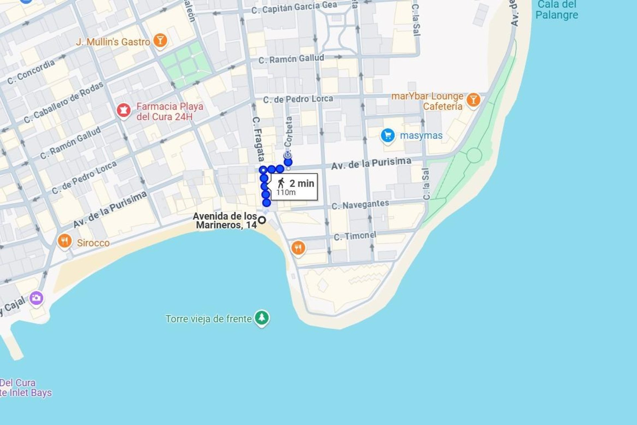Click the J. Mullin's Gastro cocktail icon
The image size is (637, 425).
point(160,41)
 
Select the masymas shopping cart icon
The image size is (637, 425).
point(388,135)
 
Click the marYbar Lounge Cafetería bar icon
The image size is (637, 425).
point(473,100)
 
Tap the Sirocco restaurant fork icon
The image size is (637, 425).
point(65,241)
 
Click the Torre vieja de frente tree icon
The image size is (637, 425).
point(262,318)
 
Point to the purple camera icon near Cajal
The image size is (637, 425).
point(36,298)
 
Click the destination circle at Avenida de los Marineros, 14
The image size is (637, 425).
point(262,220)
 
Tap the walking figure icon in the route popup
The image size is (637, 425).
point(281,183)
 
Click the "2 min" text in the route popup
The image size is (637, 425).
point(302,183)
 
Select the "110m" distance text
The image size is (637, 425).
point(286,193)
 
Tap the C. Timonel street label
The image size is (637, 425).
point(355,236)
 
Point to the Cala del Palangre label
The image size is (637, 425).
point(556,10)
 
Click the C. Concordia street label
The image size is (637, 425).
point(31,72)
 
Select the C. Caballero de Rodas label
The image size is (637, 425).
point(64,103)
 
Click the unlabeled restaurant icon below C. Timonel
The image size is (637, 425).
point(298,248)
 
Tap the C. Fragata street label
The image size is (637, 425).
point(258,139)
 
